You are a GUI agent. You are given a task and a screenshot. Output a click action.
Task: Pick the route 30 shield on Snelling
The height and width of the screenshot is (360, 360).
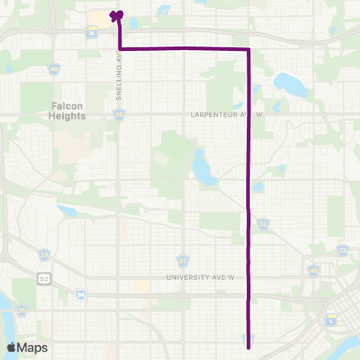tap(120, 115)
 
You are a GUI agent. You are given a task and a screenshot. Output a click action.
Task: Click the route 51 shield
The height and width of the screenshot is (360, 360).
tap(182, 260)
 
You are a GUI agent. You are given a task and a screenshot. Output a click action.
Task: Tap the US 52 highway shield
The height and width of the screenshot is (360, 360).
tap(45, 279)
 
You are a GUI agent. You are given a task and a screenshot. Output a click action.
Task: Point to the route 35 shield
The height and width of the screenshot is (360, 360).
tap(22, 310)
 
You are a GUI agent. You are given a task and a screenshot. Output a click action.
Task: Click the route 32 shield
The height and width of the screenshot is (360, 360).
tap(262, 223)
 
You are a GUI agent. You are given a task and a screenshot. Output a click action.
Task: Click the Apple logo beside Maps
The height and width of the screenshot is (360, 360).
tap(11, 347)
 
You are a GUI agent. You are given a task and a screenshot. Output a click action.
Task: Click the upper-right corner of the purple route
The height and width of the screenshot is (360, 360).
tap(248, 49)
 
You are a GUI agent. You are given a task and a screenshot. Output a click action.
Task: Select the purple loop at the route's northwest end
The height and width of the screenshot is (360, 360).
tap(115, 14)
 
